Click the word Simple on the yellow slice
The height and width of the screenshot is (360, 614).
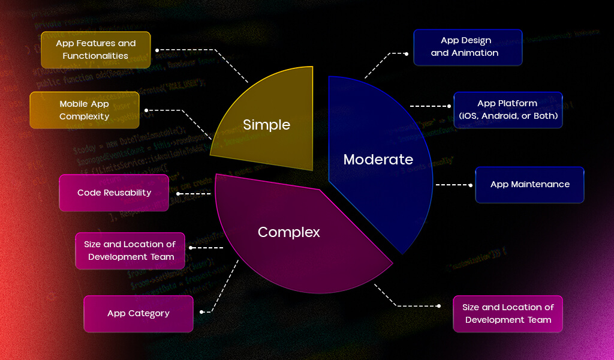[x=266, y=125]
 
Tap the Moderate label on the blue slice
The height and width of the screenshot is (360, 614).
[x=378, y=160]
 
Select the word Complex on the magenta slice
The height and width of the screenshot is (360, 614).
[x=288, y=232]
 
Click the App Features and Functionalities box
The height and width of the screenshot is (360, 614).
[x=96, y=49]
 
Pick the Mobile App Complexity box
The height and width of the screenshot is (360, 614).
[x=85, y=110]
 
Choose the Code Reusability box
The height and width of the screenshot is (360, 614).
[x=114, y=193]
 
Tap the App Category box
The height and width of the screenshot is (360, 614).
[x=139, y=313]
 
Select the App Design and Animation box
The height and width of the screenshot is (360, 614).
[x=468, y=47]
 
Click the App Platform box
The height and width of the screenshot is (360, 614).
[x=508, y=110]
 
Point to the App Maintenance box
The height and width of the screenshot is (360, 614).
[x=529, y=184]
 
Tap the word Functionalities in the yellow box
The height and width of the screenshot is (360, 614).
[x=95, y=56]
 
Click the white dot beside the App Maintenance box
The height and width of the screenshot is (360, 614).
[x=470, y=185]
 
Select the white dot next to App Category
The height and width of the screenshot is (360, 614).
[x=202, y=312]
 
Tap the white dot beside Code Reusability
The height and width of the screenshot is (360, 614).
[x=178, y=194]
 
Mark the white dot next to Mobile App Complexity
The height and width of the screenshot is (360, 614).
[x=146, y=110]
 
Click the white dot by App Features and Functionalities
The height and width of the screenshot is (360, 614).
[x=157, y=50]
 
